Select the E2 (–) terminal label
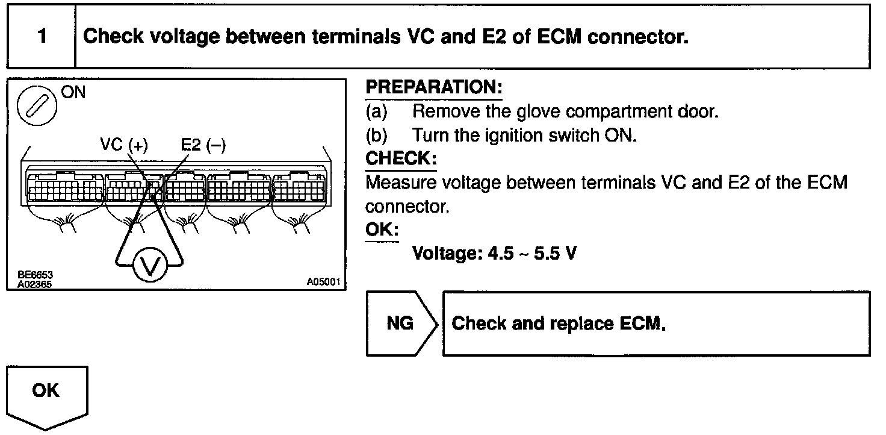[203, 146]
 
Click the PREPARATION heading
[433, 88]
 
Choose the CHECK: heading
[401, 159]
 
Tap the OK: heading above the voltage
[382, 230]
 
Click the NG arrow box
[400, 324]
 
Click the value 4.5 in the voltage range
[500, 253]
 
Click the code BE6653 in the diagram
[34, 274]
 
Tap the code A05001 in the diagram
[324, 282]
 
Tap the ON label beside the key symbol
[73, 92]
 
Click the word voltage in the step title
[183, 37]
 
